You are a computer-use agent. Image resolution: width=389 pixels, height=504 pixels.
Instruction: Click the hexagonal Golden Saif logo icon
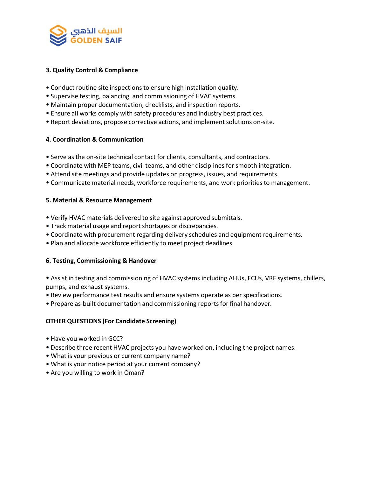tap(58, 35)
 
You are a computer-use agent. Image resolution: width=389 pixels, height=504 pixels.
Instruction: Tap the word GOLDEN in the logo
tap(86, 40)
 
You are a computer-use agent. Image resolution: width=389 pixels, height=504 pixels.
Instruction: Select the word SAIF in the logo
tap(113, 40)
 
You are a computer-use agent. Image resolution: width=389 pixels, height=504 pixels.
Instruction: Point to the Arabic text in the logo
tap(96, 31)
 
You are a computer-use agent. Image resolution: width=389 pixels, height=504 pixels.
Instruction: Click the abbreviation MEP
tap(104, 165)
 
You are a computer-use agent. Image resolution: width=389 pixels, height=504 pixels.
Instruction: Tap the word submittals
tap(225, 218)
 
